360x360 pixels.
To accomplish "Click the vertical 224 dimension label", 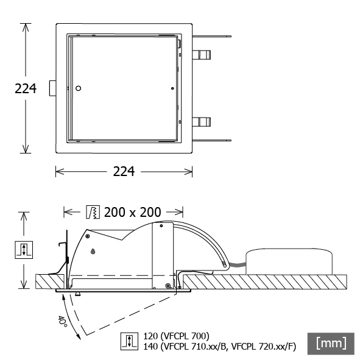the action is [x=26, y=88].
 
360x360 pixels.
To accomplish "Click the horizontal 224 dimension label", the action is [x=124, y=172].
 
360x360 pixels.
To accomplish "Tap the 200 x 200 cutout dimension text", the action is [x=132, y=212].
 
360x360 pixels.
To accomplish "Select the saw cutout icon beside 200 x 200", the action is [x=93, y=212].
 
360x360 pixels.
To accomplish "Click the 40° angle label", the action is [x=62, y=322].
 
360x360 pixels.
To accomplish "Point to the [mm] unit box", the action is [x=331, y=344].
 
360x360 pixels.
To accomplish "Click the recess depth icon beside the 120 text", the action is [x=129, y=341].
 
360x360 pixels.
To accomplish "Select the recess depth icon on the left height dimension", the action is [x=24, y=250].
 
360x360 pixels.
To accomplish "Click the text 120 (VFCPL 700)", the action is [x=176, y=336].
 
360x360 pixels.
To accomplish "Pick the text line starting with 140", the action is [x=220, y=347].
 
